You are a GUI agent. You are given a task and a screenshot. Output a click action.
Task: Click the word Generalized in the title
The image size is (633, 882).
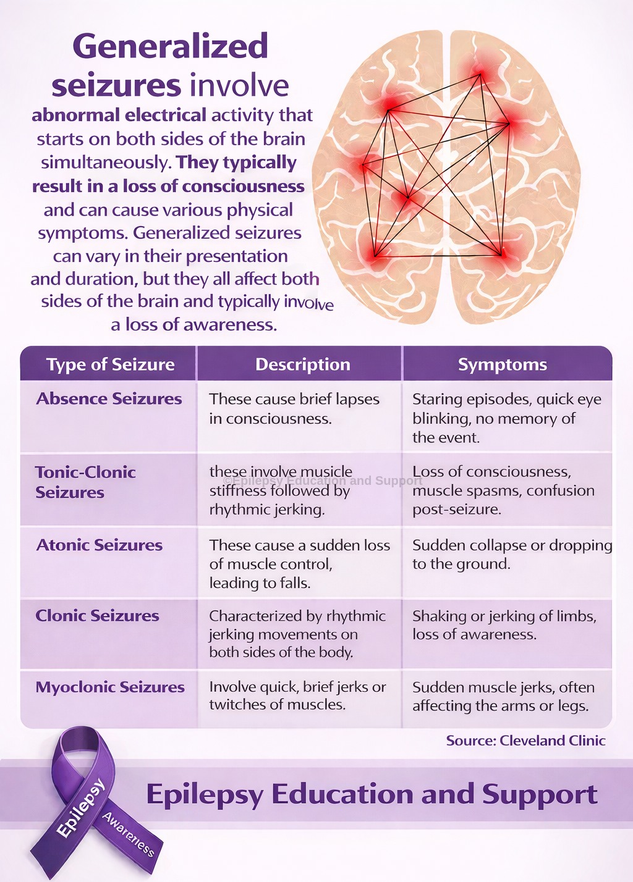[x=170, y=47]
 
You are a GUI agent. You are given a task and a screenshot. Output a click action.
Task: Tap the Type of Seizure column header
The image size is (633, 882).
[x=111, y=364]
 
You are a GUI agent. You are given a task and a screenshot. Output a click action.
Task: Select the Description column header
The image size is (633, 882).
[x=303, y=364]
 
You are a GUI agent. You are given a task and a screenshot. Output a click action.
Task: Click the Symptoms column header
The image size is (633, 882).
[x=503, y=365]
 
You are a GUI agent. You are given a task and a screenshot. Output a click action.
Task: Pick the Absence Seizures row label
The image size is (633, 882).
[x=109, y=398]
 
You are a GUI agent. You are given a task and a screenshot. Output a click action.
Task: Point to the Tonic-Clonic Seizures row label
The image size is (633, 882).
[x=85, y=482]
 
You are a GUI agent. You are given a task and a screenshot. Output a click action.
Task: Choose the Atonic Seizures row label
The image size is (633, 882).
[x=100, y=545]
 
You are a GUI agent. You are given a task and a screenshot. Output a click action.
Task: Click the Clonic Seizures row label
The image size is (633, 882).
[x=97, y=615]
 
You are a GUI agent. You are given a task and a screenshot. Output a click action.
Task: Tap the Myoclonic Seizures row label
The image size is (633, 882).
[x=110, y=687]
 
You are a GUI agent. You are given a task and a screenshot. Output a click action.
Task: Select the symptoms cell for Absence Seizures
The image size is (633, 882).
[x=507, y=418]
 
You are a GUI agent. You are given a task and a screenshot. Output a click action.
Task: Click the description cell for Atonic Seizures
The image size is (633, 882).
[x=300, y=564]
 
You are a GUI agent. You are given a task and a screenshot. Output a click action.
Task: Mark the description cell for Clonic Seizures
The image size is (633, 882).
[x=297, y=634]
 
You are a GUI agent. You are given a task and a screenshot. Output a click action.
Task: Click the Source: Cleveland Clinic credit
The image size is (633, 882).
[x=526, y=741]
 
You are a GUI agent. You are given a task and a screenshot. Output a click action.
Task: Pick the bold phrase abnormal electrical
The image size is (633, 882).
[x=119, y=115]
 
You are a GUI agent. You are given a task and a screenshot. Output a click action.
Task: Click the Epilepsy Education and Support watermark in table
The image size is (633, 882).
[x=323, y=481]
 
